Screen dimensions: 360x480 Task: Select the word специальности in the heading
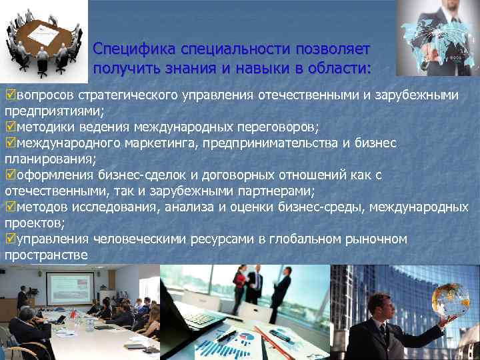point(215,50)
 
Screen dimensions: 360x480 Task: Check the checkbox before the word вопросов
point(9,95)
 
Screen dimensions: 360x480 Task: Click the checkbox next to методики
point(9,127)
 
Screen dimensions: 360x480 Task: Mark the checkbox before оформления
point(9,175)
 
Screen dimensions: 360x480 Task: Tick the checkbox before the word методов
point(9,207)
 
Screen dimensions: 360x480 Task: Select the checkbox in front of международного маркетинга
point(9,143)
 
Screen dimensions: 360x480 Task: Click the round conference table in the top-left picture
point(41,37)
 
